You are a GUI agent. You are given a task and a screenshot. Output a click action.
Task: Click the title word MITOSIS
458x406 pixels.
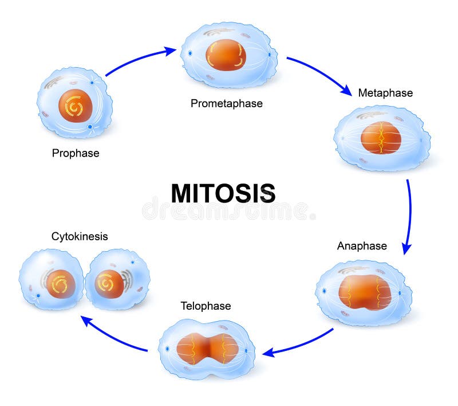223,194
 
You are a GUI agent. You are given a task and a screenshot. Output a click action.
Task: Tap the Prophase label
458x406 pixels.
76,153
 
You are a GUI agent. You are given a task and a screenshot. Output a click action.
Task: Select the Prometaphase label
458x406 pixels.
227,103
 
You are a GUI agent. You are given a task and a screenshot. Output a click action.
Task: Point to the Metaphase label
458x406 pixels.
385,92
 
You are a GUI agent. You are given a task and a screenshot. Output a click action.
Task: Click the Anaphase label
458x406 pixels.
362,246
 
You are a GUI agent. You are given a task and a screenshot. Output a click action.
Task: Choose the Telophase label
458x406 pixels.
206,306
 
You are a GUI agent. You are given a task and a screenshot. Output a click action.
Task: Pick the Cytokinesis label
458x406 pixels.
80,236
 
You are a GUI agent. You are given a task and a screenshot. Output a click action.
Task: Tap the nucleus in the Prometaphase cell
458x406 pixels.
226,55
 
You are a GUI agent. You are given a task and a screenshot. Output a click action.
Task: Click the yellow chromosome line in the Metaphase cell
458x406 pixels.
381,138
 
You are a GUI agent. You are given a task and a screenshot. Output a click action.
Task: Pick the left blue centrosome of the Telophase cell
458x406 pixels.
168,349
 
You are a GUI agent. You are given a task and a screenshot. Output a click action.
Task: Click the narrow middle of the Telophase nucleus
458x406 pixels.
208,349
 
